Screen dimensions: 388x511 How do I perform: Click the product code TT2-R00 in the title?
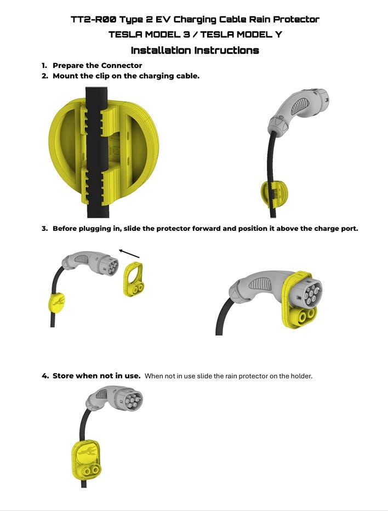[x=93, y=19]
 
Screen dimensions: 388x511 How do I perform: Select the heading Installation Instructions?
[x=195, y=50]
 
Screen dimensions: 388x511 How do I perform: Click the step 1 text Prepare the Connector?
[x=97, y=65]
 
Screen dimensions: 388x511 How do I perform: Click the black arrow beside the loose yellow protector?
[x=129, y=253]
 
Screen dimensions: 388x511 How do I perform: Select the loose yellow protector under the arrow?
[x=133, y=279]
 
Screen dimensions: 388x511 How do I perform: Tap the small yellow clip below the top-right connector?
[x=275, y=195]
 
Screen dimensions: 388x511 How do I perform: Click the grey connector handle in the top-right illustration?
[x=298, y=110]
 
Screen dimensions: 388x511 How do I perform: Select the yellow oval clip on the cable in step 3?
[x=56, y=303]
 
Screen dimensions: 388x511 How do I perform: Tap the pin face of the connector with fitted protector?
[x=310, y=292]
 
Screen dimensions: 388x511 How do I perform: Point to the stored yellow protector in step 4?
[x=86, y=460]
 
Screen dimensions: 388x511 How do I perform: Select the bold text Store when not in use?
[x=96, y=376]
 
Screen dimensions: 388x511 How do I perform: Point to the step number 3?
[x=44, y=229]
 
